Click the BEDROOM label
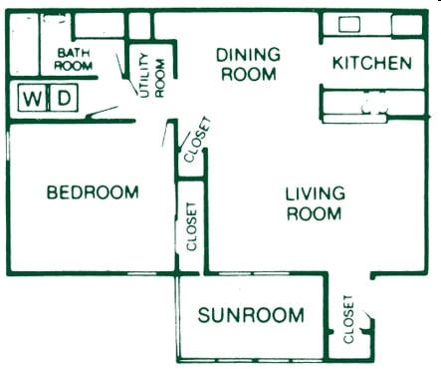pos(93,192)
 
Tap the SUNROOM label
pos(250,316)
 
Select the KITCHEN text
pos(371,63)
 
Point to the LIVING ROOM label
pos(315,203)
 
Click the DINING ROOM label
pos(248,64)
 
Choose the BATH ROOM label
pos(75,59)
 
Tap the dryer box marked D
pos(63,98)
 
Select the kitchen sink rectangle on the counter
pos(349,24)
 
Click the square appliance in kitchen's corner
pos(405,24)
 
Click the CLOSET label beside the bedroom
pos(191,226)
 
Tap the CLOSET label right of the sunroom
pos(348,319)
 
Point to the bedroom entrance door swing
pos(165,136)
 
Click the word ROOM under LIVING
pos(315,214)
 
